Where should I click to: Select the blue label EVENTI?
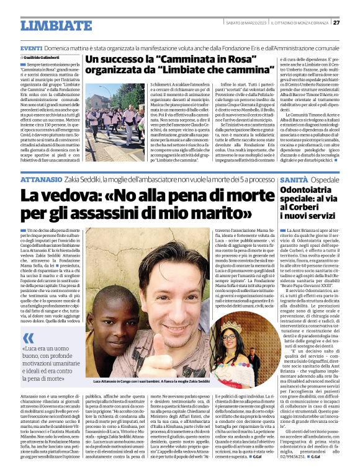(31, 48)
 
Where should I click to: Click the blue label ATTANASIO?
(41, 179)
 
